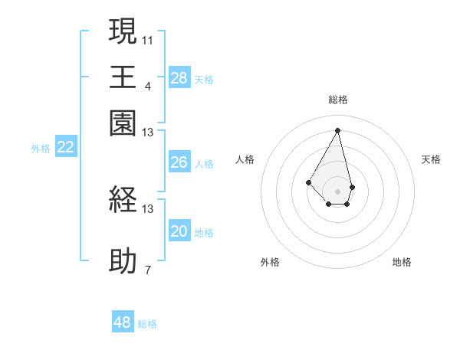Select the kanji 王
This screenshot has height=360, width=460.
(123, 78)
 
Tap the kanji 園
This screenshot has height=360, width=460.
(123, 123)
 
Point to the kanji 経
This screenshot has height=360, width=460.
(123, 200)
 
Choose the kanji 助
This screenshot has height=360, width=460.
(123, 261)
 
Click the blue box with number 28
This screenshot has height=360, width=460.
(179, 77)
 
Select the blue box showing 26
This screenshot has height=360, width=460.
(179, 162)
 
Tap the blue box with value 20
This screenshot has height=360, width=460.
(179, 231)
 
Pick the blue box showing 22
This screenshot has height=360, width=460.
(65, 148)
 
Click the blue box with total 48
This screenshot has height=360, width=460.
(123, 322)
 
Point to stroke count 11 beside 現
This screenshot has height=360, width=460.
(147, 38)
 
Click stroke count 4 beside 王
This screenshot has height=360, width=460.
(147, 85)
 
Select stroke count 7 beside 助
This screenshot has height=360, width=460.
(147, 269)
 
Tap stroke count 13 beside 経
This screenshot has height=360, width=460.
(147, 208)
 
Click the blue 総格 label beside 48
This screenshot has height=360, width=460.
(147, 324)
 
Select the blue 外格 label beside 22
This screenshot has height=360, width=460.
(41, 149)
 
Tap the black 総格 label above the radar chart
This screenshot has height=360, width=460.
(337, 100)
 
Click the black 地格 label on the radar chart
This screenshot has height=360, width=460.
(402, 262)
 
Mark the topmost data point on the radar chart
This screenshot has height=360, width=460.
(337, 129)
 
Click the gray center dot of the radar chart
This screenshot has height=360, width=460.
(337, 191)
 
